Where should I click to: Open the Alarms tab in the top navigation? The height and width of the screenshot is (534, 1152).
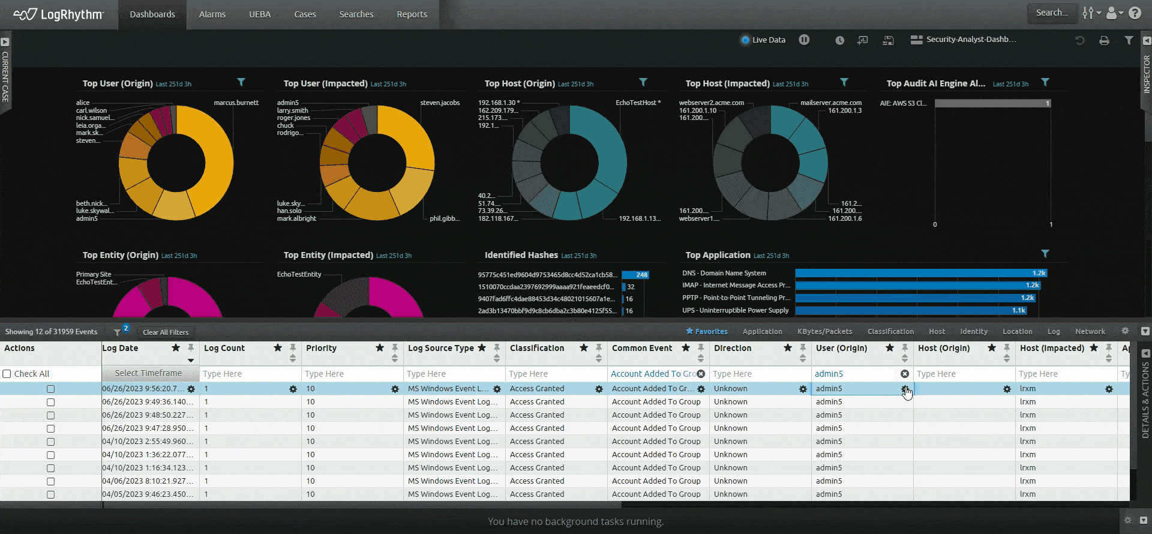click(212, 14)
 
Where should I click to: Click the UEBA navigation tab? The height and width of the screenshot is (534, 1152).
click(260, 14)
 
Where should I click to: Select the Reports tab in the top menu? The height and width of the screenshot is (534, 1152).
click(412, 14)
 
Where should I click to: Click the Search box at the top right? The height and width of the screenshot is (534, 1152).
click(1052, 13)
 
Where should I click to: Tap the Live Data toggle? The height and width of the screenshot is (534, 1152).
click(763, 40)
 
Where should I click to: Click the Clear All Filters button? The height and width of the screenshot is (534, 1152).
click(166, 332)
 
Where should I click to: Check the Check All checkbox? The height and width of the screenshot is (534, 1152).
click(7, 374)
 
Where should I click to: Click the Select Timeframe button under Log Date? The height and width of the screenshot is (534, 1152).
click(148, 373)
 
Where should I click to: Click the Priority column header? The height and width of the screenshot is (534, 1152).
click(322, 348)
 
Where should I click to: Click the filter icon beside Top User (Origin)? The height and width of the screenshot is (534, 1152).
click(241, 82)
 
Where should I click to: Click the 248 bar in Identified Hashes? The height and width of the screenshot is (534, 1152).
click(635, 275)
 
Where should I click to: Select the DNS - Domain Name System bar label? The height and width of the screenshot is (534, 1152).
click(724, 273)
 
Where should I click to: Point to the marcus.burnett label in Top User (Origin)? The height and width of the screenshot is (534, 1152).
click(236, 103)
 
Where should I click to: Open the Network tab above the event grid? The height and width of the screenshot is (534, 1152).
click(1090, 331)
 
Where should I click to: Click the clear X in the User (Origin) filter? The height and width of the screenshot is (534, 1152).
click(905, 374)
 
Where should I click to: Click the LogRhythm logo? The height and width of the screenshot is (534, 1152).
click(59, 14)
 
